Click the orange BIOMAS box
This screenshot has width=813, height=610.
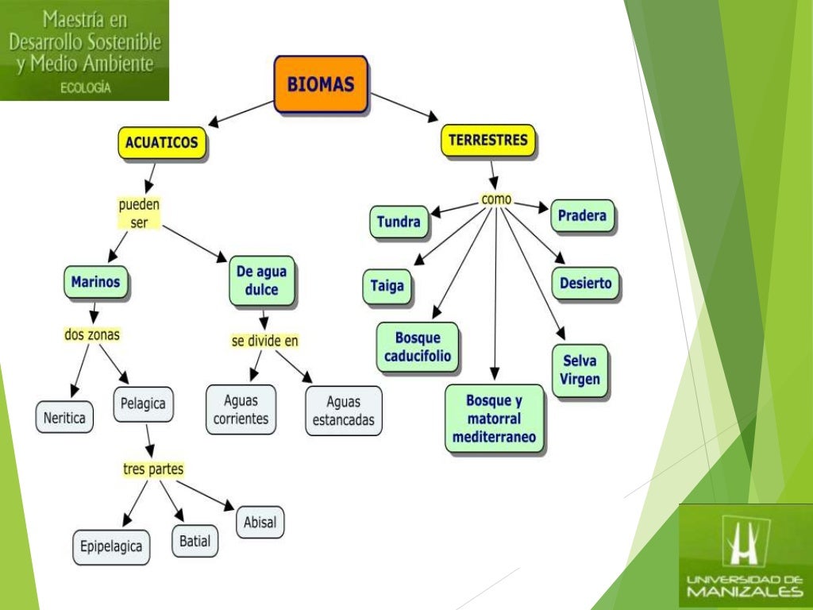(x=322, y=83)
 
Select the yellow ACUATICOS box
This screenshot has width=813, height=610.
(x=163, y=144)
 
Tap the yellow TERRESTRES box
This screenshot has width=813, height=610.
(x=487, y=141)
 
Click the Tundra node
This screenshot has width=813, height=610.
(x=399, y=222)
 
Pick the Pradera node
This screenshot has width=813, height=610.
(x=582, y=215)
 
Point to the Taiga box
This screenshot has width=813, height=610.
(x=387, y=286)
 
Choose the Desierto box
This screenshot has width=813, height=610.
(x=585, y=283)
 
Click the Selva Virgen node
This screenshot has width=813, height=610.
(x=580, y=370)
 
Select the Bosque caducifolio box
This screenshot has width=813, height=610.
(x=417, y=347)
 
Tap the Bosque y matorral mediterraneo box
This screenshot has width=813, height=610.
(x=494, y=418)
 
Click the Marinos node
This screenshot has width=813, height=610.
(x=95, y=281)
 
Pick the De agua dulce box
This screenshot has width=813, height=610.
(x=261, y=280)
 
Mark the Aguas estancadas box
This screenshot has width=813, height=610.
(x=343, y=411)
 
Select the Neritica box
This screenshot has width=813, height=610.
(x=64, y=417)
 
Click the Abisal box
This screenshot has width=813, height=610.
(x=260, y=522)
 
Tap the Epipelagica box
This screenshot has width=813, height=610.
(x=111, y=546)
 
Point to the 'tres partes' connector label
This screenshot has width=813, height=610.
(x=153, y=469)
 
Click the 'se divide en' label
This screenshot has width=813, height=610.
(x=265, y=341)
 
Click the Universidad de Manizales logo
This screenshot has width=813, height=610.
(x=745, y=555)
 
